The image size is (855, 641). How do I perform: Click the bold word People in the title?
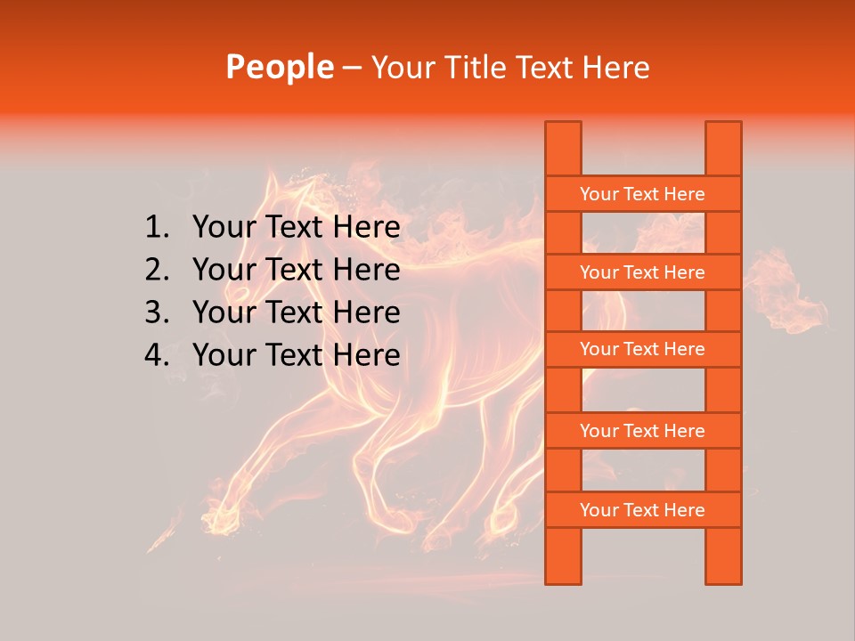(280, 67)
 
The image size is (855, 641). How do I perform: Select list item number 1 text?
(296, 228)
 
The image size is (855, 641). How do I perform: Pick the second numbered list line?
(296, 270)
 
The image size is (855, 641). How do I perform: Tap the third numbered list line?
(296, 312)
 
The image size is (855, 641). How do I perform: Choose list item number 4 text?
(296, 355)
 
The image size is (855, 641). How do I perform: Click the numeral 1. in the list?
(156, 228)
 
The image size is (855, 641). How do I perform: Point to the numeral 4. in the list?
(156, 355)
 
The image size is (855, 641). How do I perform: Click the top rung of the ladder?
(642, 194)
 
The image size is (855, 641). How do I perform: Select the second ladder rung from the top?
(642, 272)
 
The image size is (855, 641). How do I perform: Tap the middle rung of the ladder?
(642, 349)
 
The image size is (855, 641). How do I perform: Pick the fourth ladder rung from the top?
(642, 431)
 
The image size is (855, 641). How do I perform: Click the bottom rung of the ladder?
(642, 510)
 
